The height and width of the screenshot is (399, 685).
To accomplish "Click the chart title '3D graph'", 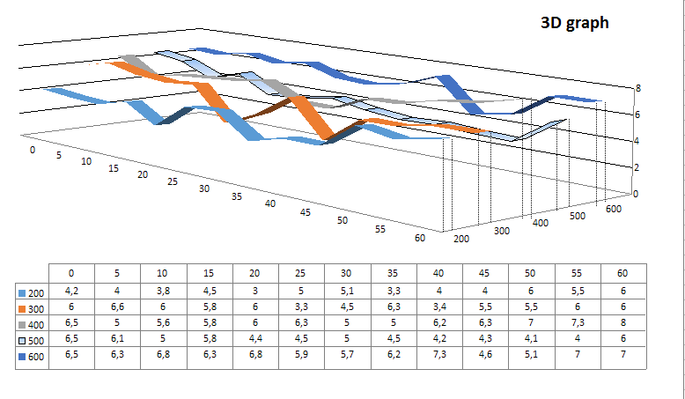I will [574, 24].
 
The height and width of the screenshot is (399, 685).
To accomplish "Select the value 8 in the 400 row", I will [623, 323].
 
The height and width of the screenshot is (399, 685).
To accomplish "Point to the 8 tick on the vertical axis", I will [639, 88].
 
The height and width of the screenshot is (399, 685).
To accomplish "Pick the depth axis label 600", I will [614, 208].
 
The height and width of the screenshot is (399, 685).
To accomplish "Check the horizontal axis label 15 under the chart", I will [113, 167].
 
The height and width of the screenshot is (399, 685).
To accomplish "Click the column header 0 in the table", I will [71, 272].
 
